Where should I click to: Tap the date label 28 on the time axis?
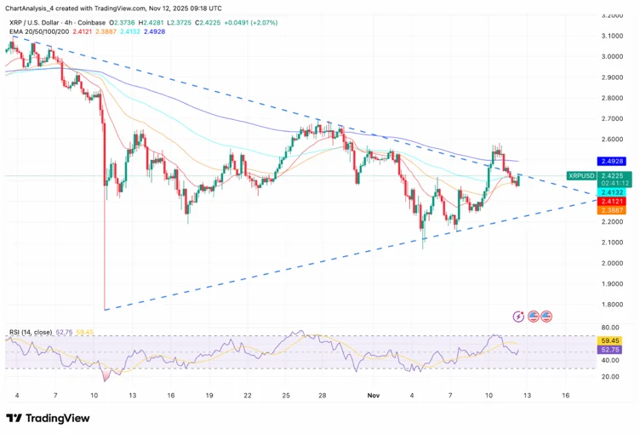pyautogui.click(x=322, y=396)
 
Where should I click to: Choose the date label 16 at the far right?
pyautogui.click(x=564, y=396)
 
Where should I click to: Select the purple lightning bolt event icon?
pyautogui.click(x=519, y=317)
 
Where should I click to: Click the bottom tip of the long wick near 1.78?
pyautogui.click(x=104, y=310)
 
